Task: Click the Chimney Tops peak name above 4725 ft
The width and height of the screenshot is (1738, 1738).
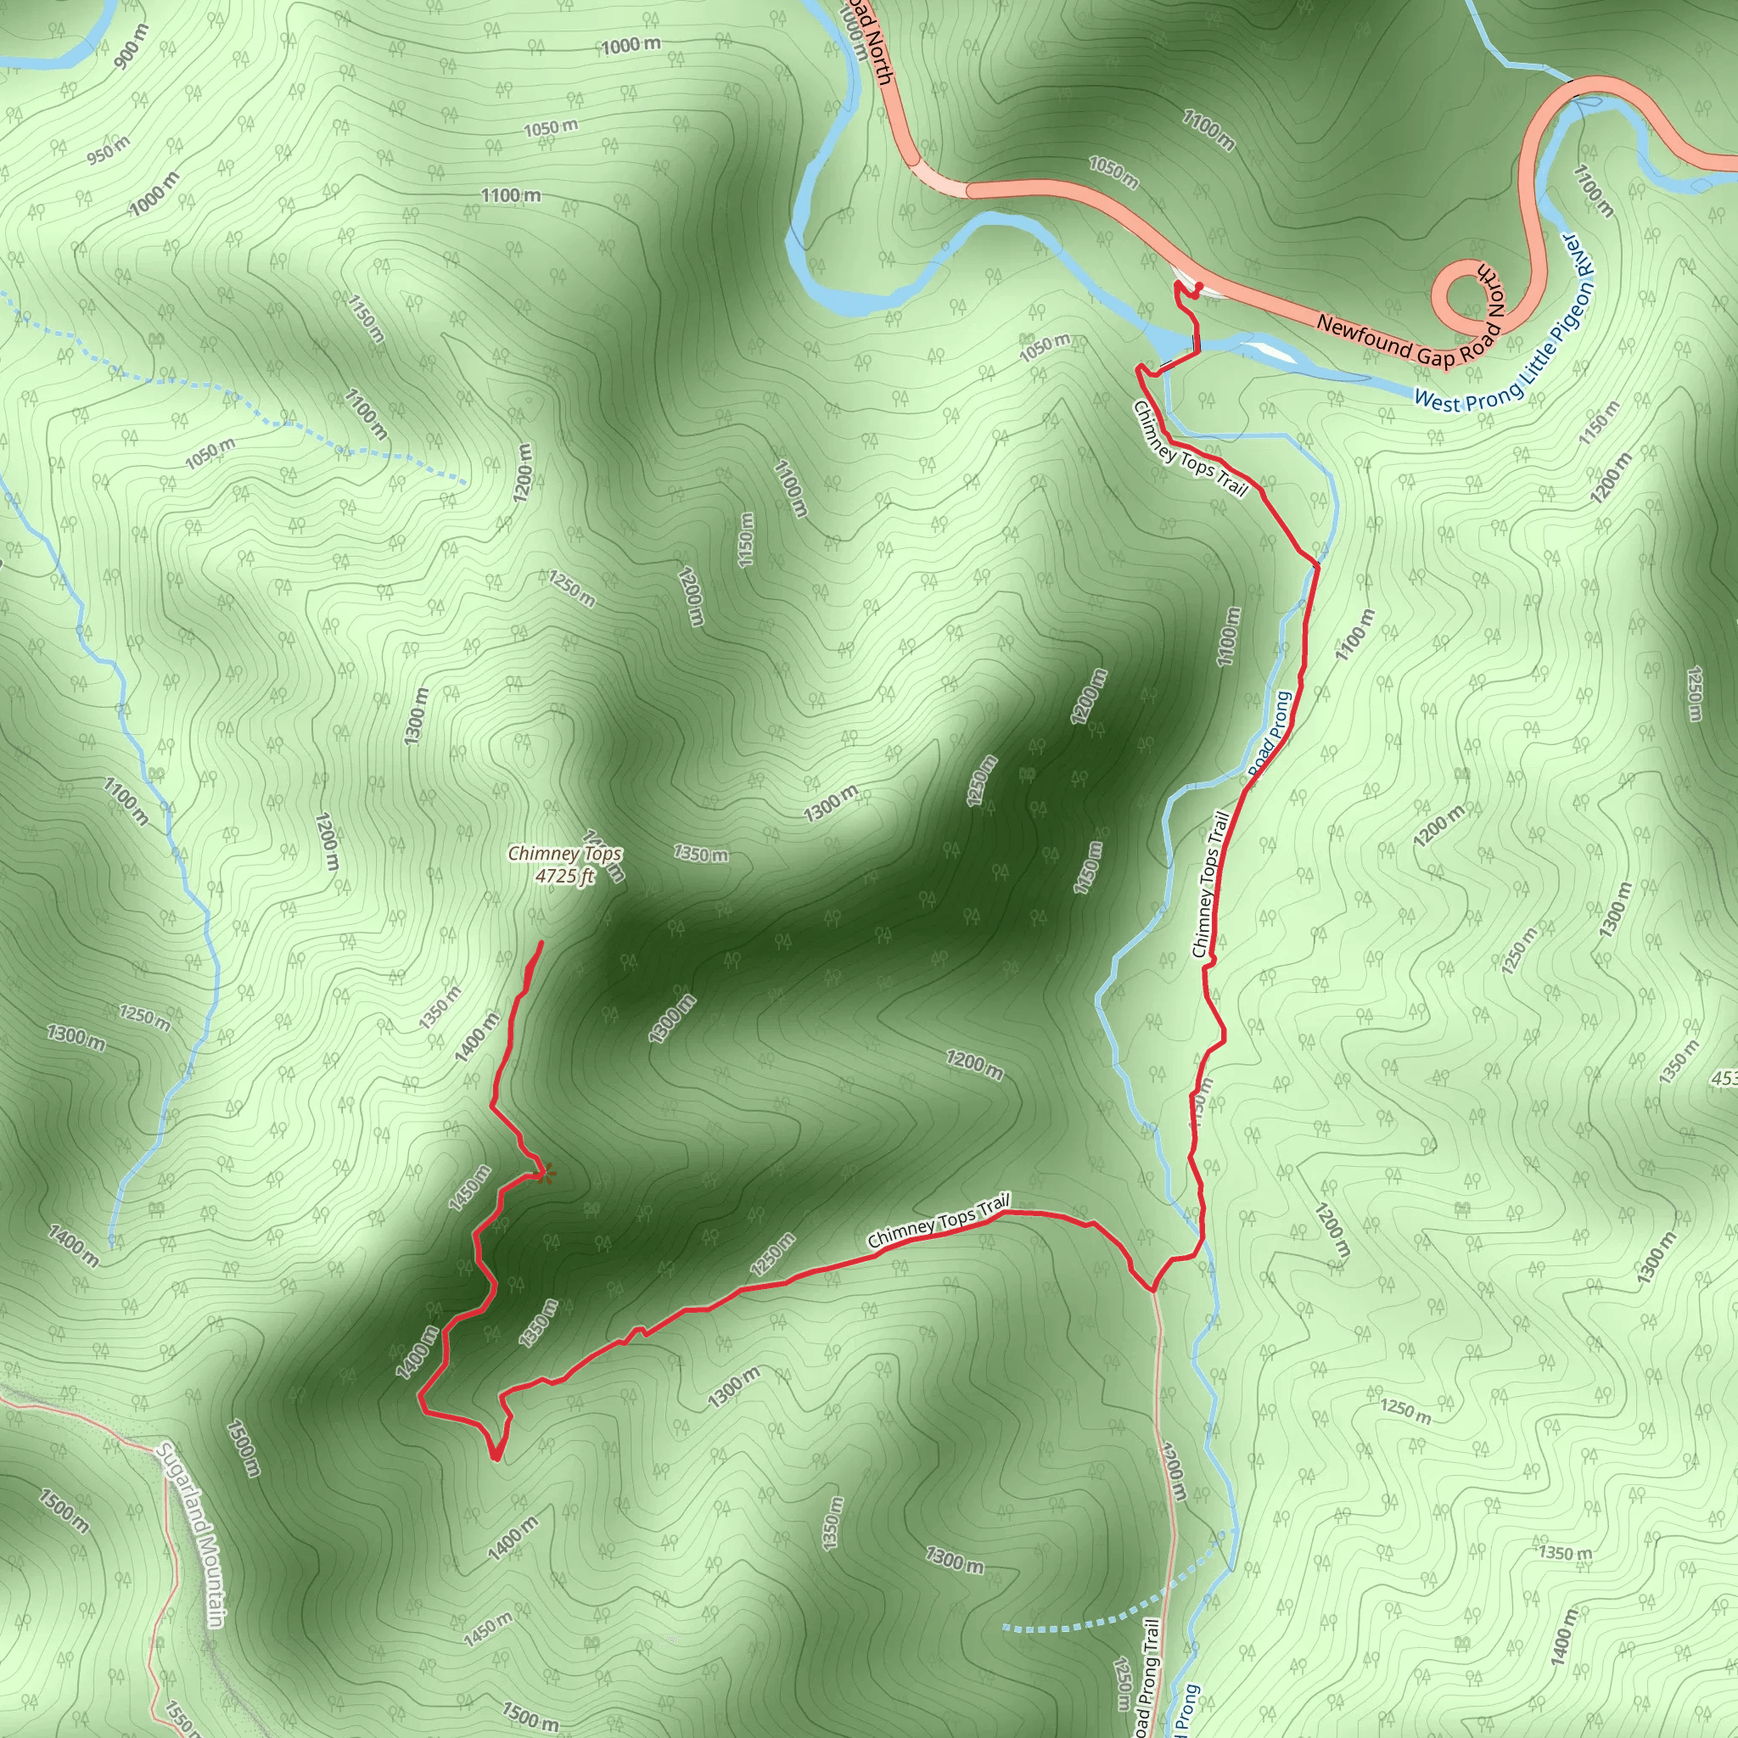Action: click(564, 853)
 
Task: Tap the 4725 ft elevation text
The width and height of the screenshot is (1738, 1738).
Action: click(564, 875)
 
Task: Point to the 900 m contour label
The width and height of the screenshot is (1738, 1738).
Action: click(131, 48)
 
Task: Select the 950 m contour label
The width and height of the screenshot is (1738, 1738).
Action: click(109, 150)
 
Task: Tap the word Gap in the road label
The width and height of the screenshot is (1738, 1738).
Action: click(1436, 356)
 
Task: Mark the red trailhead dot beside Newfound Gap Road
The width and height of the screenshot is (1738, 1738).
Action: click(1199, 287)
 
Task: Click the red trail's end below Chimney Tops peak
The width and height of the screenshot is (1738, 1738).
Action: click(541, 942)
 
